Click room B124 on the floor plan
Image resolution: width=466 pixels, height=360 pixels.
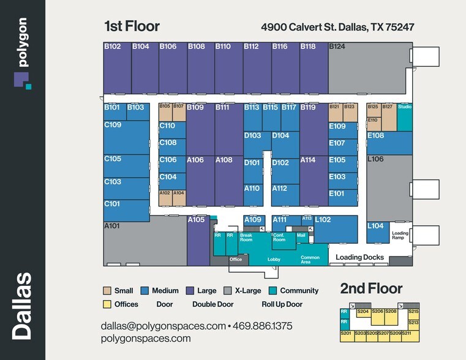click(x=367, y=67)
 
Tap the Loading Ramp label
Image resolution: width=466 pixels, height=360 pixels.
click(x=400, y=235)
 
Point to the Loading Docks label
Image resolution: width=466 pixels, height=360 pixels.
click(x=359, y=258)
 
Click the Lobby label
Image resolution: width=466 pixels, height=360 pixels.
click(x=274, y=260)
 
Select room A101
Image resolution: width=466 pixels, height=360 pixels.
click(x=144, y=242)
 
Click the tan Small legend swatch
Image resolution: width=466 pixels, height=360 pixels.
click(x=107, y=291)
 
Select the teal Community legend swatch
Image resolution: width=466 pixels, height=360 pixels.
click(x=273, y=291)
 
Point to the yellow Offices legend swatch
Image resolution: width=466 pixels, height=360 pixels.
click(x=107, y=304)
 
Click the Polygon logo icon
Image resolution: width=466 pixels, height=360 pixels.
click(x=22, y=80)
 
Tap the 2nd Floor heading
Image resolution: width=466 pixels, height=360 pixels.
click(x=371, y=289)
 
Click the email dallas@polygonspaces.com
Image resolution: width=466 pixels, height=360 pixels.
click(x=163, y=326)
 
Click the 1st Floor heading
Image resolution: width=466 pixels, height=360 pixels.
click(x=132, y=26)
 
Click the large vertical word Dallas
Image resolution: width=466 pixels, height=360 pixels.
click(x=23, y=306)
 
